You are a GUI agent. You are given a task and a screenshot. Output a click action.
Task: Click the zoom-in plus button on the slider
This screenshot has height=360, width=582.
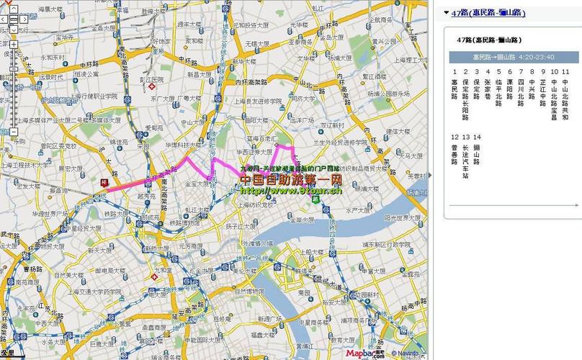point(13,44)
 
